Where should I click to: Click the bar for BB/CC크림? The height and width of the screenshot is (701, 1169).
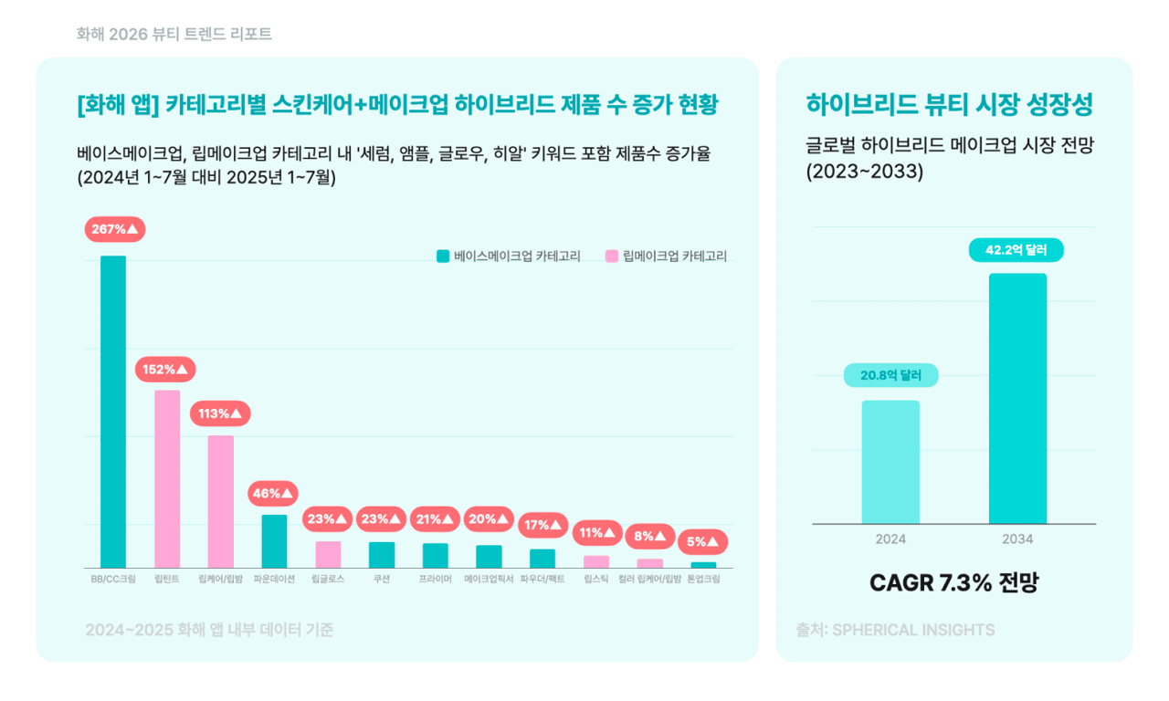click(x=113, y=412)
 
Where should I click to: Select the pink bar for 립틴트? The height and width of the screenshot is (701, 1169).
click(x=167, y=479)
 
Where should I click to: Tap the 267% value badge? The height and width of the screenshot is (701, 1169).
click(x=115, y=229)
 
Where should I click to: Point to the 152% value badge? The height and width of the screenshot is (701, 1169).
click(x=165, y=370)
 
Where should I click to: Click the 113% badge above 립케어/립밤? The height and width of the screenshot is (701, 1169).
click(x=220, y=413)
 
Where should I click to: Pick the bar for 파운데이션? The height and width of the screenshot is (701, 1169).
click(x=274, y=541)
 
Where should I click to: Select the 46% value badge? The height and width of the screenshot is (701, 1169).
click(x=273, y=494)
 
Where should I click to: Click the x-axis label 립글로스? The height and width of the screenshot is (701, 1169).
click(x=328, y=580)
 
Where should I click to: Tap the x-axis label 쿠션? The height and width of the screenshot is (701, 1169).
click(x=382, y=580)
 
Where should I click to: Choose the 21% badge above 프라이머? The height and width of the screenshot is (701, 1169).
click(x=435, y=519)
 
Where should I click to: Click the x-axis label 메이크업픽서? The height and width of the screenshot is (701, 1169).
click(x=489, y=580)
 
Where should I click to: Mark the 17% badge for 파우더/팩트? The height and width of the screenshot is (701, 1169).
click(x=542, y=525)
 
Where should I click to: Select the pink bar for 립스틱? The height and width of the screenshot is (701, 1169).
click(x=596, y=561)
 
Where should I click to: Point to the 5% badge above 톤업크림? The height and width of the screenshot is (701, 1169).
click(x=703, y=541)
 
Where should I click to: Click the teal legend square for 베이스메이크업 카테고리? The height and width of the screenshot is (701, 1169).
click(x=443, y=256)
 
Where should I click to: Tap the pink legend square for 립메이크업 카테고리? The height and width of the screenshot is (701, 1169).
click(x=612, y=256)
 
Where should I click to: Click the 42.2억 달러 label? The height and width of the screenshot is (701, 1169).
click(x=1016, y=250)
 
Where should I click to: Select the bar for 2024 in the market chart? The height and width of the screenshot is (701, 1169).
click(x=890, y=462)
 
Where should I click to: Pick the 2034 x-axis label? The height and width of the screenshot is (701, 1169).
click(x=1017, y=539)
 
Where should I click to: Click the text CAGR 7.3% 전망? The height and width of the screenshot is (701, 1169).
click(x=953, y=583)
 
